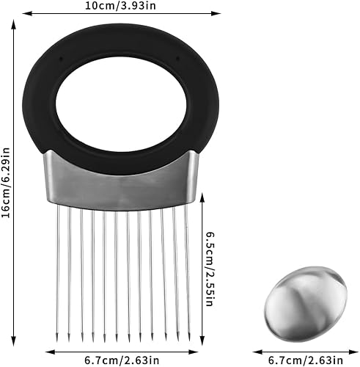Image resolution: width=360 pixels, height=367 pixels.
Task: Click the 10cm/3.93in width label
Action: click(x=120, y=5)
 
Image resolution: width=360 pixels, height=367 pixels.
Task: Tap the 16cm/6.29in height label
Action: click(x=5, y=182)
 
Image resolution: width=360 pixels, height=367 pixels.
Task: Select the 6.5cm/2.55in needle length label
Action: click(x=210, y=269)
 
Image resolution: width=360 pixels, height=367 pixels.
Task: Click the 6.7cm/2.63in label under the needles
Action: click(x=122, y=360)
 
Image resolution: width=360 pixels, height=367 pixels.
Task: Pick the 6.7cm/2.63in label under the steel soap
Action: click(x=306, y=360)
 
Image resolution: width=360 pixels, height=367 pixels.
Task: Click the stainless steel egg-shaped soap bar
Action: click(x=306, y=304)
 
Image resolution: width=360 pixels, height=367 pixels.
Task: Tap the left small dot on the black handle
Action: click(x=61, y=59)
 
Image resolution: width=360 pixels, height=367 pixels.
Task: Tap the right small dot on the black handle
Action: click(x=178, y=58)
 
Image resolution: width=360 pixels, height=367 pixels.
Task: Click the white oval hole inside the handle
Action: click(x=121, y=104)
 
